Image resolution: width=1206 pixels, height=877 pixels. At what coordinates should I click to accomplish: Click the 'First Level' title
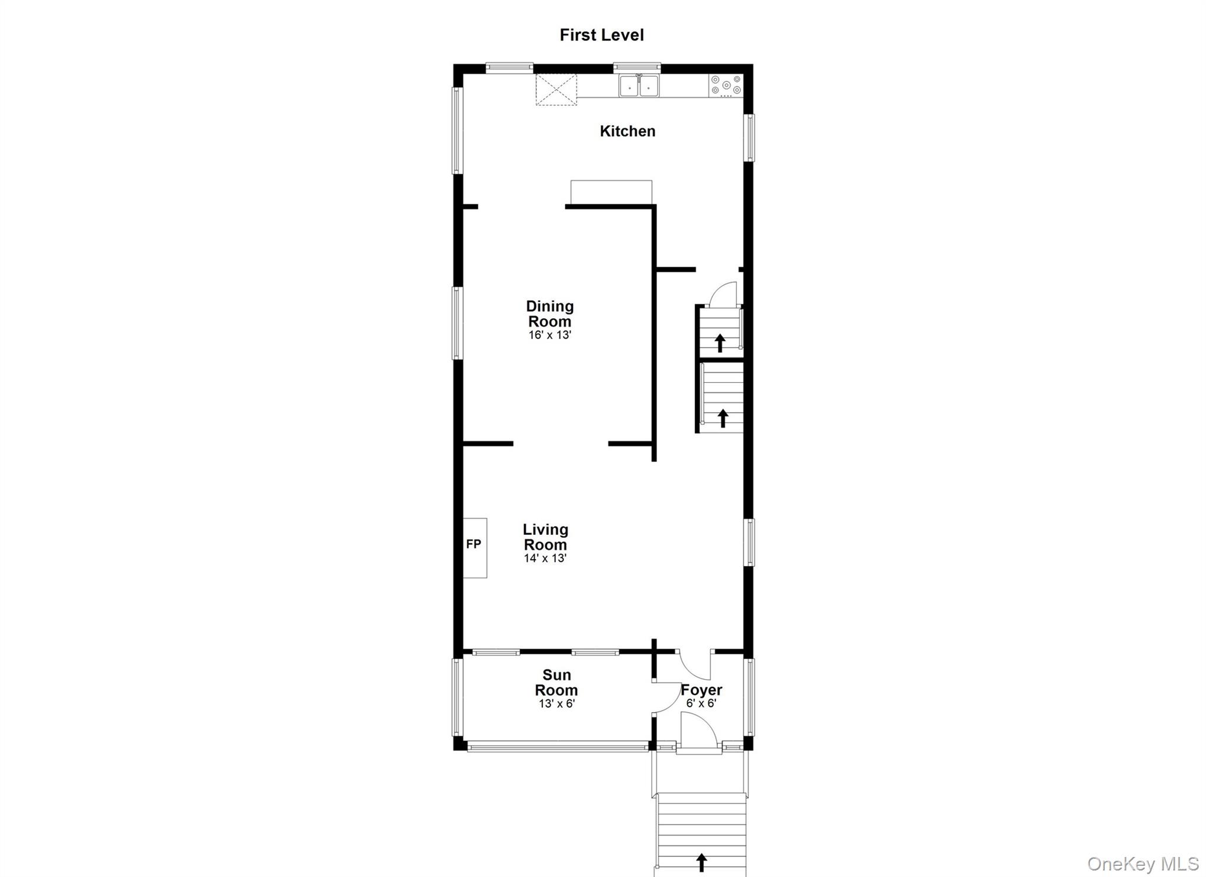point(601,35)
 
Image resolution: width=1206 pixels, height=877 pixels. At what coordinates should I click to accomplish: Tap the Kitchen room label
point(627,131)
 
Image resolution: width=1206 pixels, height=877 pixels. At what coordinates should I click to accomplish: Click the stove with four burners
point(726,85)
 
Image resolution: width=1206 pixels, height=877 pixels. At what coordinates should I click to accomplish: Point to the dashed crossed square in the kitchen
point(556,90)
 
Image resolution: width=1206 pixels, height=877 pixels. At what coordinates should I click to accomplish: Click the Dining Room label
point(549,314)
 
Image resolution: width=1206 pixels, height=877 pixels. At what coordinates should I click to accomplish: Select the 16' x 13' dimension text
point(550,335)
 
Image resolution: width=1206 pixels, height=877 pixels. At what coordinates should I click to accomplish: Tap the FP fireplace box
point(475,548)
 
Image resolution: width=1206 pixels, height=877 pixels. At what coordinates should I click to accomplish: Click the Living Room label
point(545,537)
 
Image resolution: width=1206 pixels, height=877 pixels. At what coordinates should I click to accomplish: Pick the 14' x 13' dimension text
point(545,558)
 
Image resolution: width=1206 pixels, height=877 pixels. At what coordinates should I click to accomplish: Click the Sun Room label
point(556,683)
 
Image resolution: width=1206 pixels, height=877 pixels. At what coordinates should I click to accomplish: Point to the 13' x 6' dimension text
point(556,704)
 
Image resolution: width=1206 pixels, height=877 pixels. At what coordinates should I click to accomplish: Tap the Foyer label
point(701,690)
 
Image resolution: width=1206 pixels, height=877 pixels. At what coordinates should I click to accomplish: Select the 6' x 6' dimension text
point(701,704)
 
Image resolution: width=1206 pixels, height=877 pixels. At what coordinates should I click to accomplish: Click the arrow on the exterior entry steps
point(701,862)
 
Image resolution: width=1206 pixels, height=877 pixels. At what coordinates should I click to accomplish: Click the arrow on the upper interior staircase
point(720,343)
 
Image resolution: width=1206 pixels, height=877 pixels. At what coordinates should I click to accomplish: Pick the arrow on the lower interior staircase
point(723,419)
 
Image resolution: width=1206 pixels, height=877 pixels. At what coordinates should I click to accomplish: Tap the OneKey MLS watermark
point(1142,864)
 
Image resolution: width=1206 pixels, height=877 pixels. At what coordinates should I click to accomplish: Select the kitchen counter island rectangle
point(611,192)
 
